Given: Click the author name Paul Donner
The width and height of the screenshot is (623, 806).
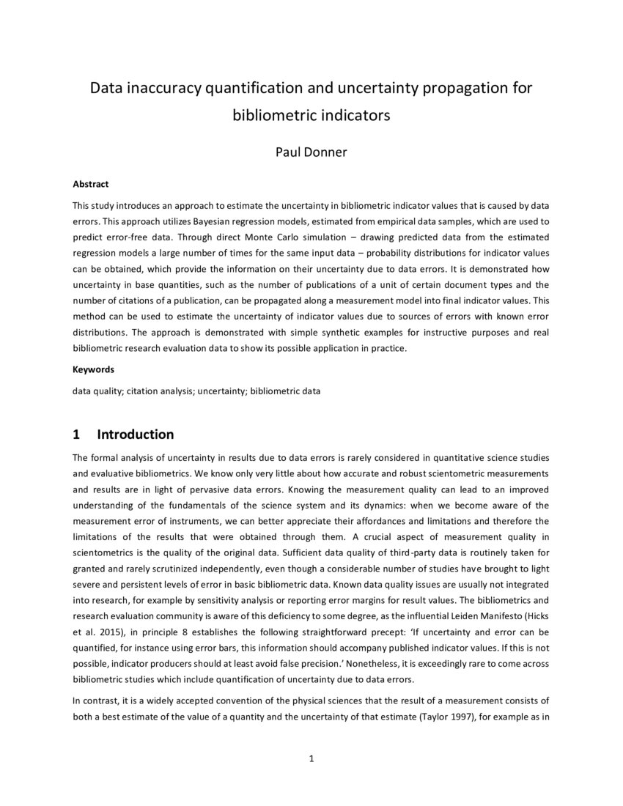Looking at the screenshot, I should pos(311,152).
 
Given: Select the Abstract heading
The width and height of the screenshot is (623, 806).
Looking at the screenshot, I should pos(90,185).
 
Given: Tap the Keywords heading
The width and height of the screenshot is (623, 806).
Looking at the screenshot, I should pos(93,369).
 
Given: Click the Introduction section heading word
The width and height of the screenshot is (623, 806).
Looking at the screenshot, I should pos(136,435).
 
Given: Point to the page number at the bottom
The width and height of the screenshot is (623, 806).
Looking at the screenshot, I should pos(311,758).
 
